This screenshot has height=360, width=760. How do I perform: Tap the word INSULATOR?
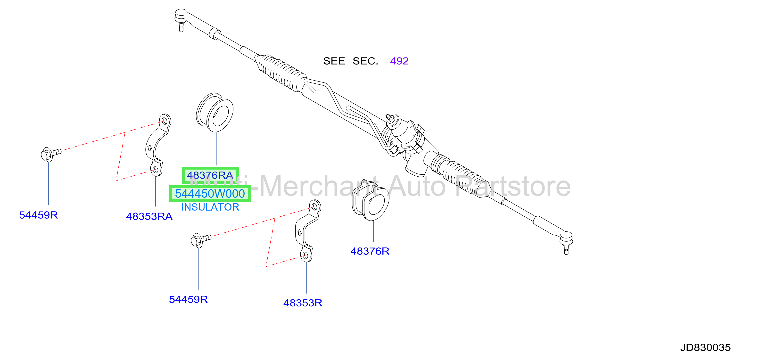tap(210, 207)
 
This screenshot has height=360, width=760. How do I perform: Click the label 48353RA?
tap(149, 216)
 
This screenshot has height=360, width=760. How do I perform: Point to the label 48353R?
tap(303, 303)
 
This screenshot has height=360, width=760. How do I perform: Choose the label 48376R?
tap(370, 251)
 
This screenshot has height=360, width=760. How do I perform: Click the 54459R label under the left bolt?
tap(38, 215)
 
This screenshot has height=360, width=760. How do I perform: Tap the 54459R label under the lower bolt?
tap(188, 300)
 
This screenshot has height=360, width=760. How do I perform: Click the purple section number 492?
tap(399, 61)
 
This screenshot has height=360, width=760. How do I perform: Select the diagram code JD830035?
tap(705, 348)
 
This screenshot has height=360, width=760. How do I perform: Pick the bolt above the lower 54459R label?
tap(201, 240)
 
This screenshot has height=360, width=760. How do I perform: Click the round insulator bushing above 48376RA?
tap(215, 112)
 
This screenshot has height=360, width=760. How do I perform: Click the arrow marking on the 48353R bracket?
tap(299, 233)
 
